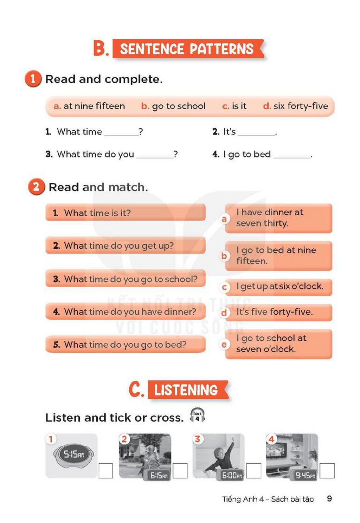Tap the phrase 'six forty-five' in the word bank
[x=301, y=106]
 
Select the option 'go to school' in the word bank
[x=179, y=106]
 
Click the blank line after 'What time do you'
[x=155, y=158]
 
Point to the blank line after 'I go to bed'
[x=292, y=158]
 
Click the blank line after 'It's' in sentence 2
[x=256, y=135]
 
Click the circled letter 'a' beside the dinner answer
[x=224, y=219]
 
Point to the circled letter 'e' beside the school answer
[x=224, y=344]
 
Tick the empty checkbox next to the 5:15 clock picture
[x=106, y=471]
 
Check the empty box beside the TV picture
[x=327, y=471]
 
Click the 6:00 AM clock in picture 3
[x=232, y=475]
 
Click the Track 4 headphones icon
[x=197, y=415]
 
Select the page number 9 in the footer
[x=329, y=498]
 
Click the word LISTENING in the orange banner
[x=186, y=390]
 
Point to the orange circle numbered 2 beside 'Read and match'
[x=36, y=187]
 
